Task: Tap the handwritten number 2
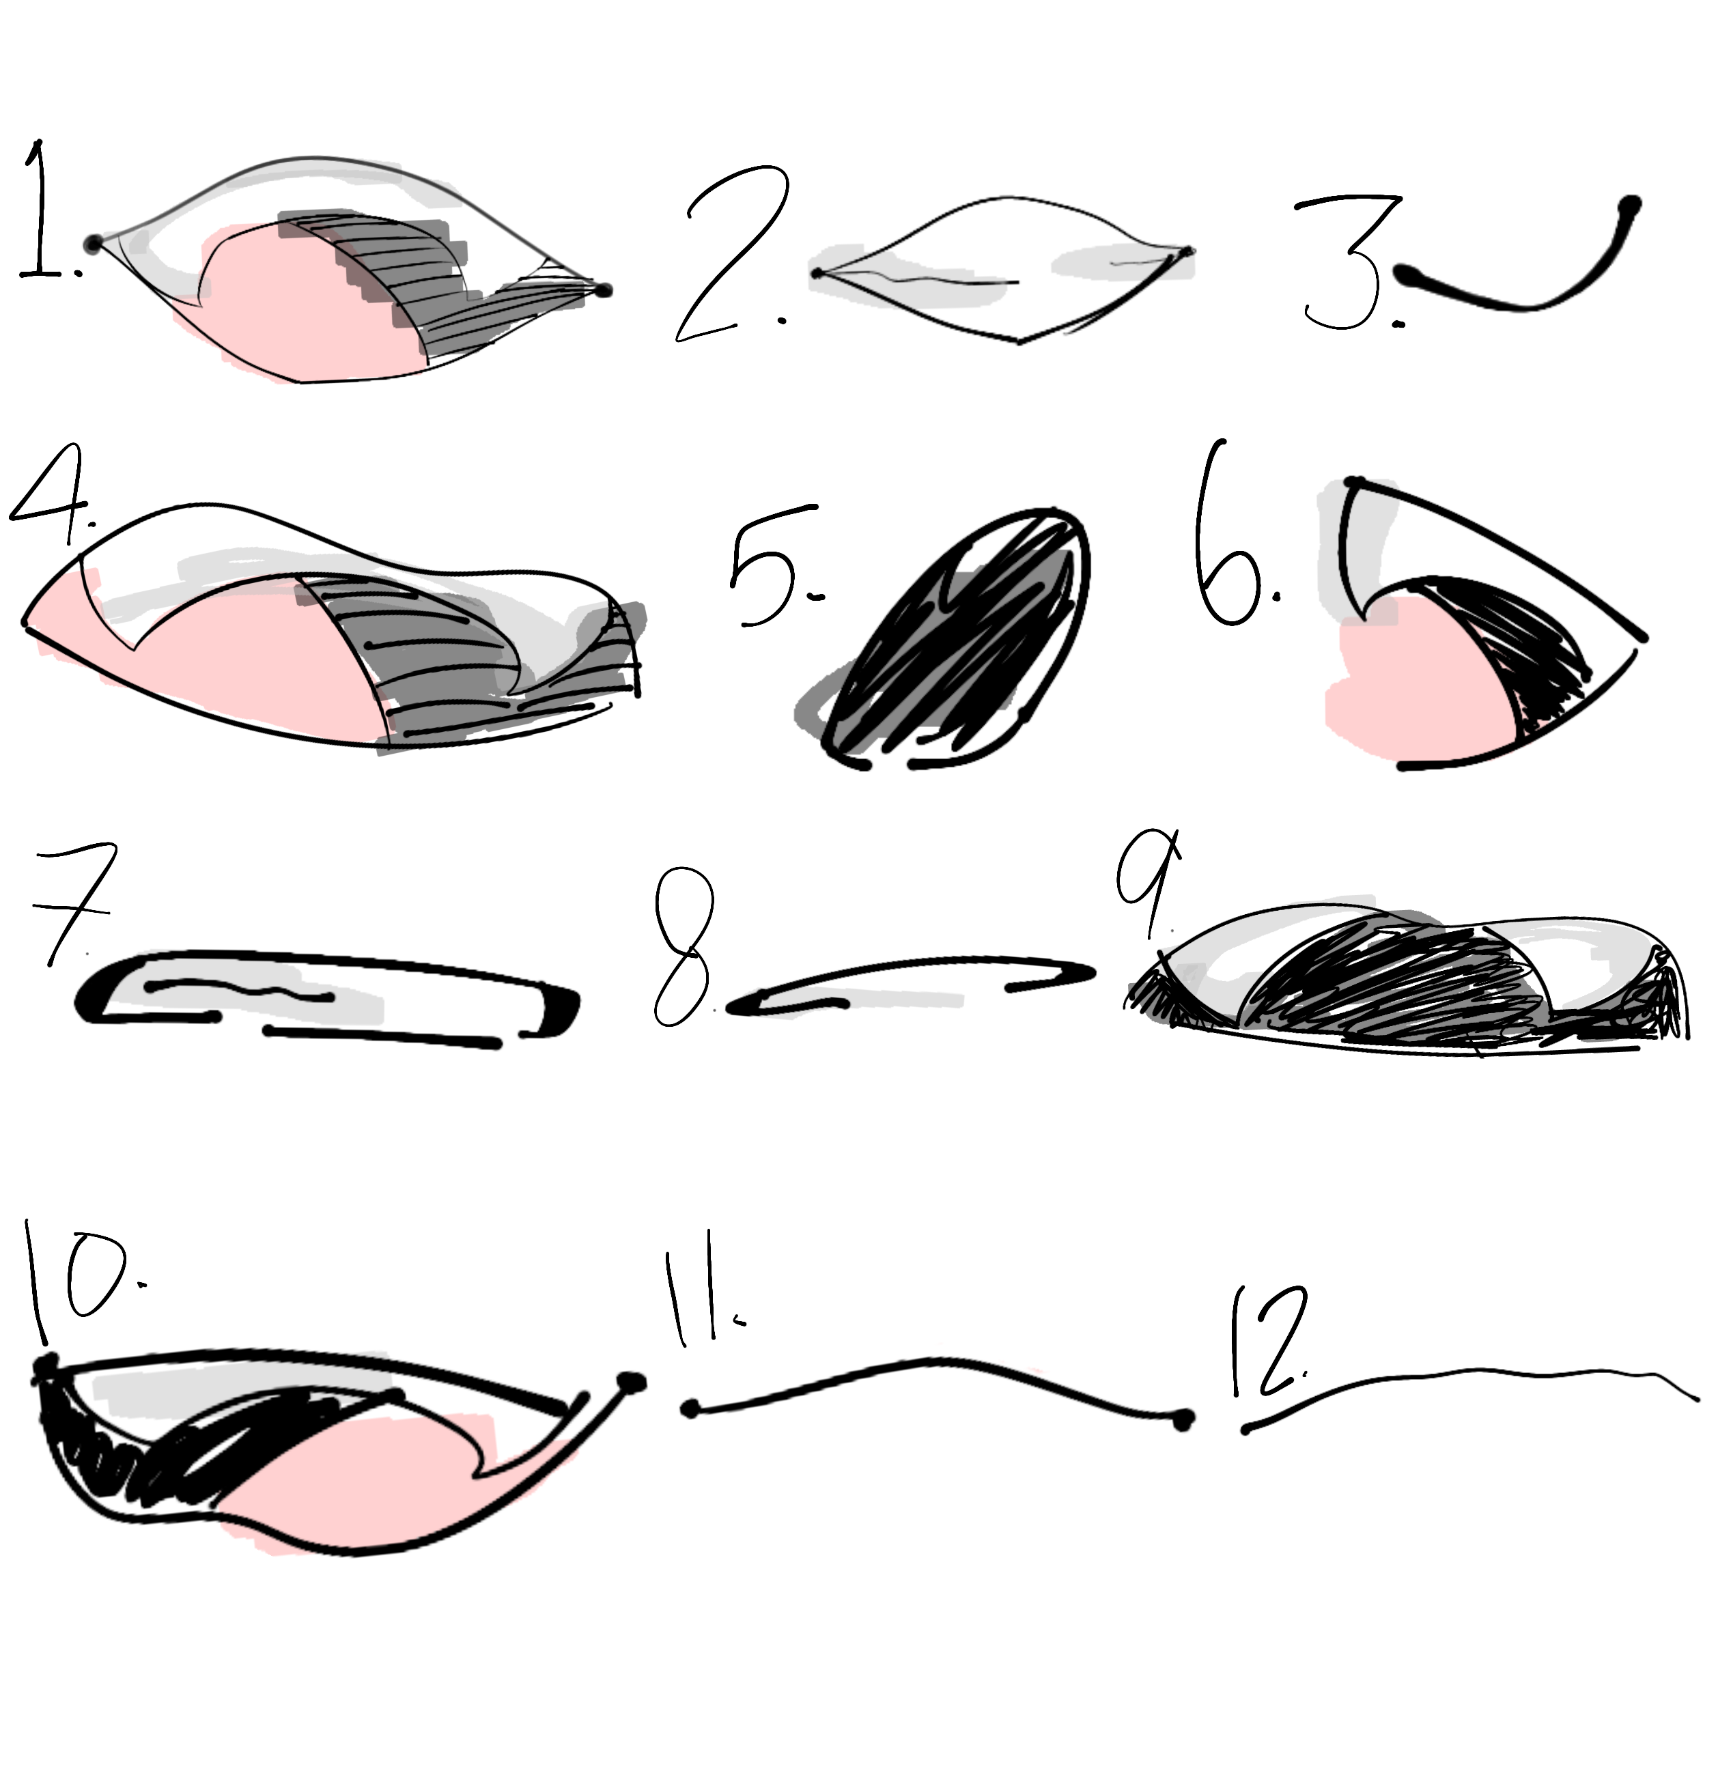(729, 255)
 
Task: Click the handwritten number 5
(775, 565)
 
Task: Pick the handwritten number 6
(1230, 537)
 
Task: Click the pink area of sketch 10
(365, 1486)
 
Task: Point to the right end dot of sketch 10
(629, 1384)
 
